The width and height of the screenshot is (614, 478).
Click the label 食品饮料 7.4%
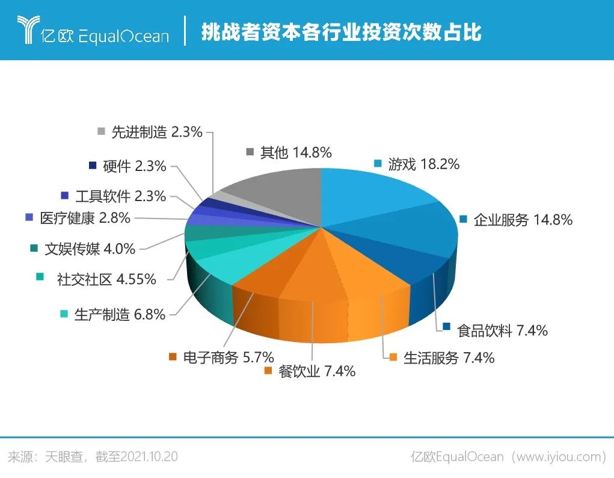[502, 331]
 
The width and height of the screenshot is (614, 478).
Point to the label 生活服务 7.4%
[449, 358]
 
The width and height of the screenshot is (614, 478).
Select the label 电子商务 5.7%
[229, 357]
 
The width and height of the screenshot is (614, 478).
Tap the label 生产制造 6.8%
[120, 314]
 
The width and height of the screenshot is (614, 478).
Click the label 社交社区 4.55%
[106, 279]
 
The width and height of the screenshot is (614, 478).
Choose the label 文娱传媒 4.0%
[90, 249]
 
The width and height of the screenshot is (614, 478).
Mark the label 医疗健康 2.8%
[85, 218]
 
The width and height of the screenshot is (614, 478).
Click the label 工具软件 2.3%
[121, 196]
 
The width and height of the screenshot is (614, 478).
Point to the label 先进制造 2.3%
[156, 132]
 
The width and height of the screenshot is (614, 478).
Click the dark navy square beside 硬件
[93, 166]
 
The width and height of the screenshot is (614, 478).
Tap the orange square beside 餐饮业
[268, 371]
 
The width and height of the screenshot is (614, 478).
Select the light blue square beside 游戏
[378, 163]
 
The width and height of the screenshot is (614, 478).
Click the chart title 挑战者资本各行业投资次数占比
[341, 31]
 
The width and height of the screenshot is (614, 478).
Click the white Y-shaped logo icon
[28, 29]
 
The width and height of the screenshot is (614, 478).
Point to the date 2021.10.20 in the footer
[149, 456]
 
